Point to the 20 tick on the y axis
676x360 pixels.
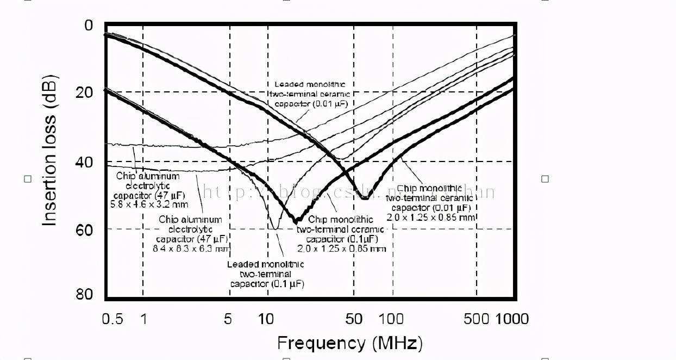click(85, 92)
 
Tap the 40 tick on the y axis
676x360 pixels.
click(85, 162)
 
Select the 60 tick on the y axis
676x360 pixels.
click(85, 229)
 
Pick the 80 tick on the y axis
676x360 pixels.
click(85, 294)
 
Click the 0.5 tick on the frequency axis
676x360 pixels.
click(112, 319)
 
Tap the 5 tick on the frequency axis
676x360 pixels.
click(228, 319)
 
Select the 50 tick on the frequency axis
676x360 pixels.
click(354, 319)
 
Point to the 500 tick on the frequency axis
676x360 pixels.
click(477, 319)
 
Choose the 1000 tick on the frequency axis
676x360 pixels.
click(512, 319)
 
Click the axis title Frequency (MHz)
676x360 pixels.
click(349, 343)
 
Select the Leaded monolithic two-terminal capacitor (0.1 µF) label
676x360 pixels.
click(266, 274)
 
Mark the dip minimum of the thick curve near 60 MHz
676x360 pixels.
click(365, 198)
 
